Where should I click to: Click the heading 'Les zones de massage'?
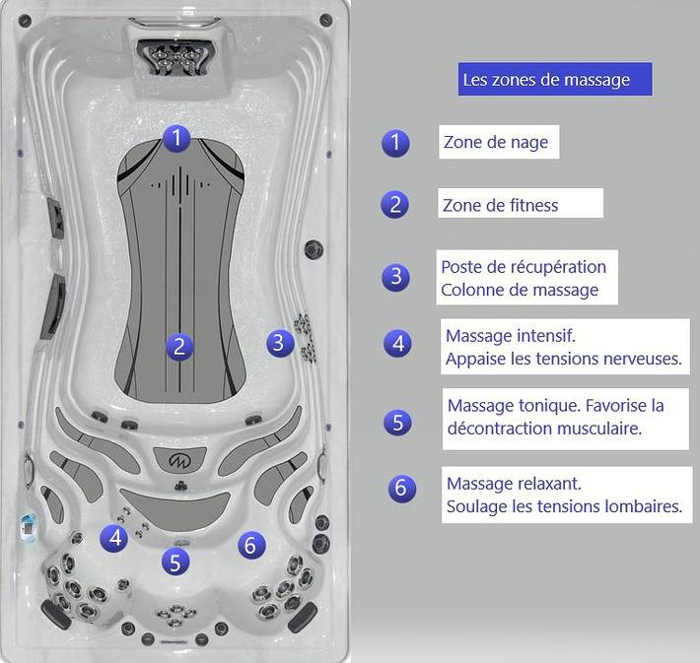point(546,80)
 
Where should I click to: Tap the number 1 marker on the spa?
point(176,138)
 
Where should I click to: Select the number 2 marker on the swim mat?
point(179,347)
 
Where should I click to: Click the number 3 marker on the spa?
point(280,343)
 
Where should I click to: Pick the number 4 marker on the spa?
point(113,538)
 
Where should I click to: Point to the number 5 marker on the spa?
point(175,562)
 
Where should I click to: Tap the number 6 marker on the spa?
point(251,545)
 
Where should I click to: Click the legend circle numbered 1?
point(395,143)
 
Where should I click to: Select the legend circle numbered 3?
point(395,277)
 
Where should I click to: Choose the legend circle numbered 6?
point(402,488)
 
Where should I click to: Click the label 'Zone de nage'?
point(496,142)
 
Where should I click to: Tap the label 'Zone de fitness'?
point(500,205)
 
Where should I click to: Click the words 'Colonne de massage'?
point(520,290)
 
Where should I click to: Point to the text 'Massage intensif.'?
point(511,336)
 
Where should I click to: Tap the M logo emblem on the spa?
point(179,460)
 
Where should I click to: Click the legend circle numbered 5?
point(397,423)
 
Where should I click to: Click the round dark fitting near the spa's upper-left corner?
point(25,21)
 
